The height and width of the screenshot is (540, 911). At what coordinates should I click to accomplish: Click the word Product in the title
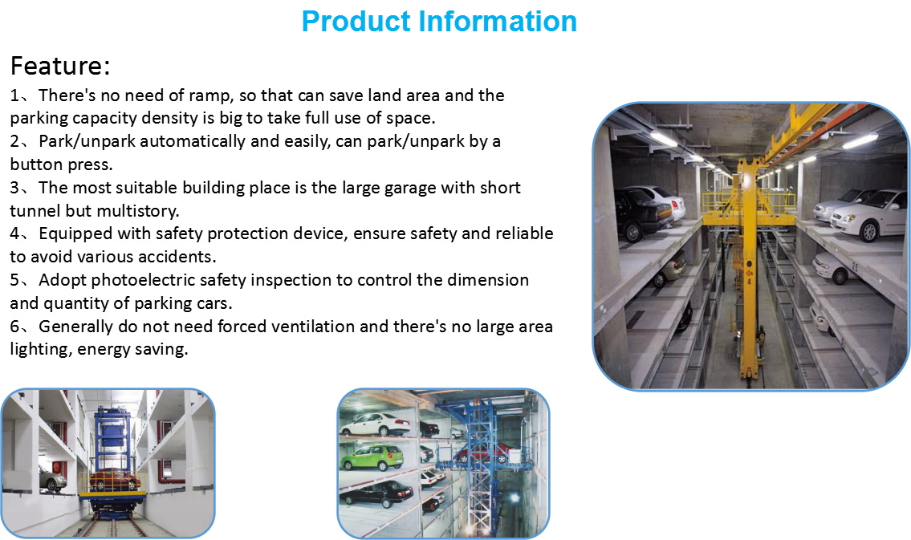356,22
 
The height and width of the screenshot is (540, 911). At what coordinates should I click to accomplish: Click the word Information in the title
498,21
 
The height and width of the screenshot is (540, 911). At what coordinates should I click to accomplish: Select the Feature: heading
60,65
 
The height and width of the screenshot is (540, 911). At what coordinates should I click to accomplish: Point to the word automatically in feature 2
193,142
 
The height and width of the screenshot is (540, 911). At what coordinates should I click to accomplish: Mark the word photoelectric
142,280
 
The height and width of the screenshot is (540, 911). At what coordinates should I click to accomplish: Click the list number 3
14,188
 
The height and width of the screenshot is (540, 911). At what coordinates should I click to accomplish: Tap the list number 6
14,327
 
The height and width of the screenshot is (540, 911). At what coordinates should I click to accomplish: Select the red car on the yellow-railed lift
114,480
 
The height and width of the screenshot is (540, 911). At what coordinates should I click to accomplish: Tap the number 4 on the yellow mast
749,282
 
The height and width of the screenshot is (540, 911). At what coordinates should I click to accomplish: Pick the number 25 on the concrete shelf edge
854,266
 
